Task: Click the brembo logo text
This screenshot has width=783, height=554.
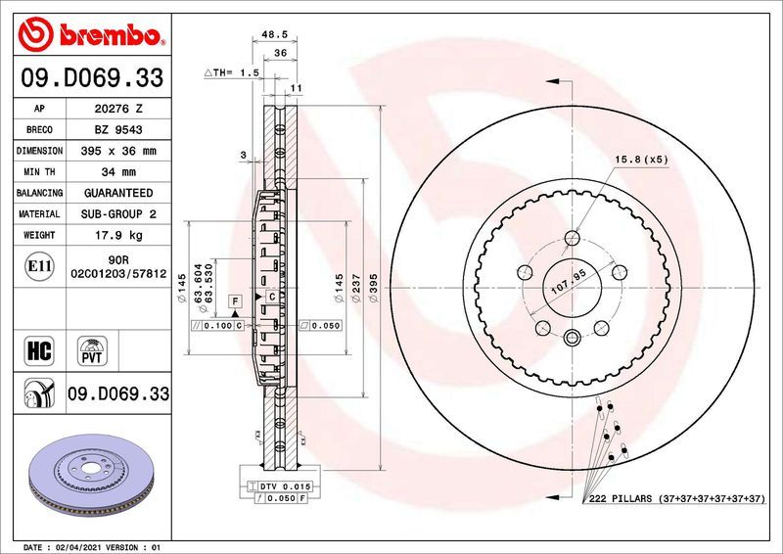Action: tap(108, 37)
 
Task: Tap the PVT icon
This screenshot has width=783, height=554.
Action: tap(92, 349)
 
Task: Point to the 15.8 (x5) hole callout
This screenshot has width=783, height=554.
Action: tap(641, 159)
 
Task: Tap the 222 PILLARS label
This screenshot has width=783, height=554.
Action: tap(622, 499)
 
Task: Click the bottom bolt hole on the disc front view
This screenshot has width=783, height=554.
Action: tap(573, 340)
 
